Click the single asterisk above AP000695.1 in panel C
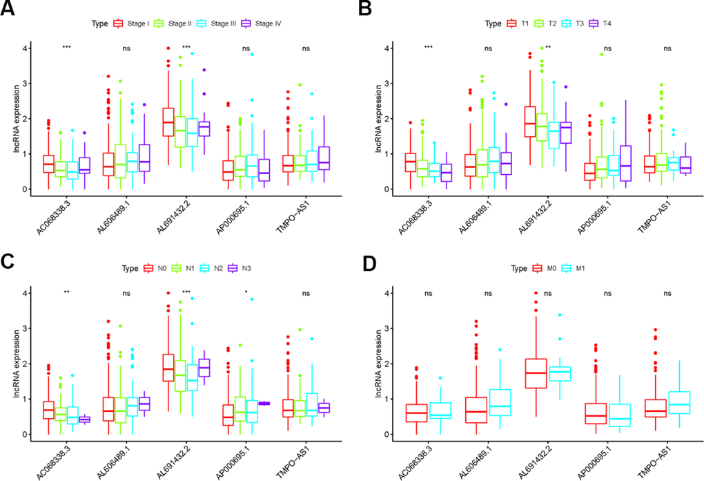pyautogui.click(x=246, y=292)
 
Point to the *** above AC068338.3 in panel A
pyautogui.click(x=67, y=48)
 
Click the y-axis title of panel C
pyautogui.click(x=8, y=364)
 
